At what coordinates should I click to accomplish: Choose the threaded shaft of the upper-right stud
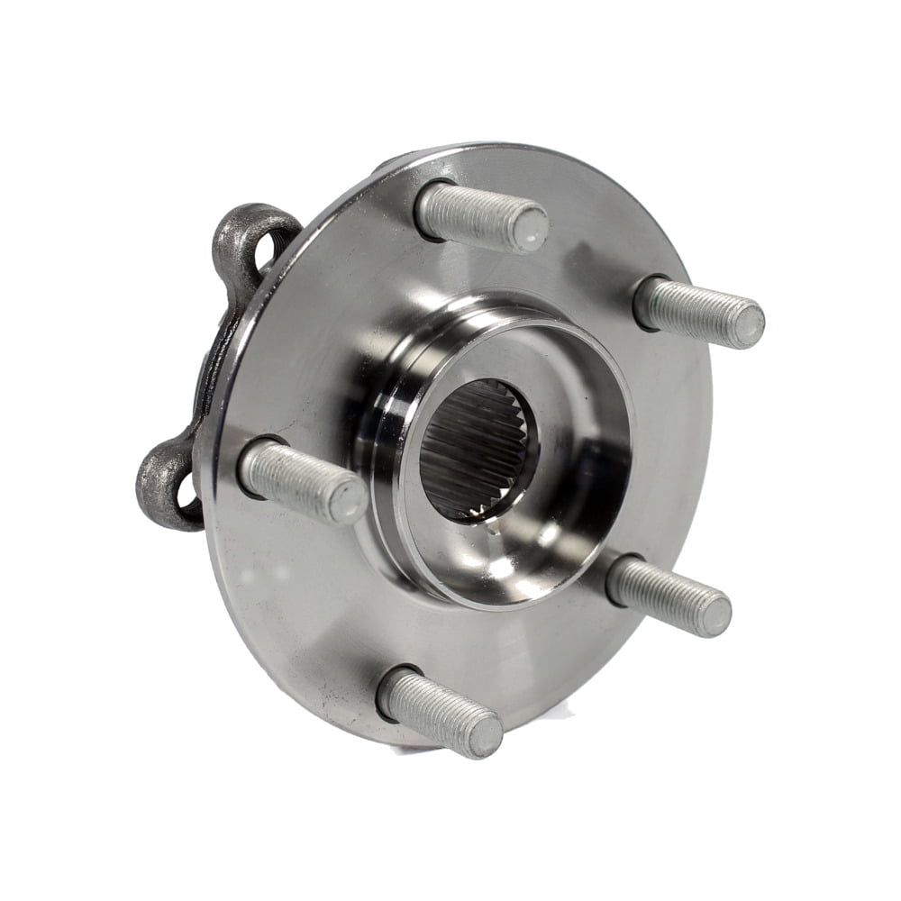(x=689, y=308)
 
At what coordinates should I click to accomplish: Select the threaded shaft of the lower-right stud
(x=662, y=595)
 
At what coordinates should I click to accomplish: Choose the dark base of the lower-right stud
(x=614, y=577)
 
